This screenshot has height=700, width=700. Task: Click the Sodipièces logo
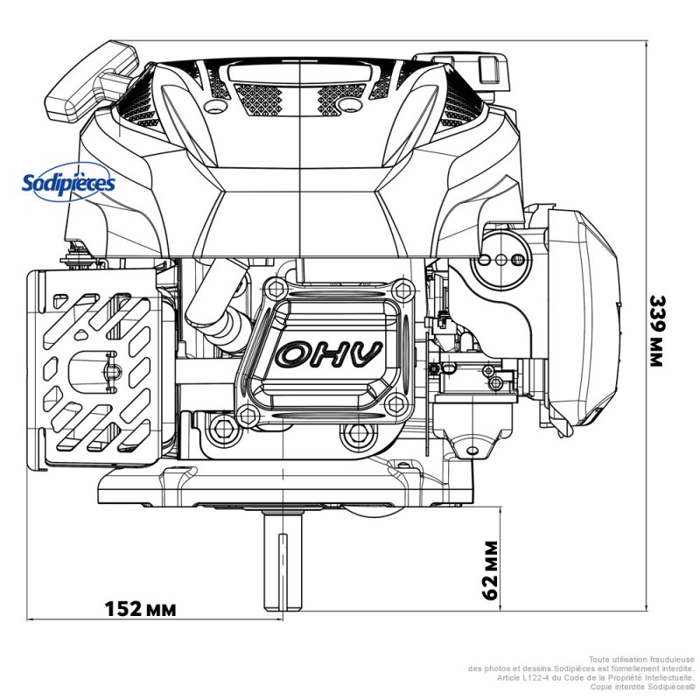click(x=68, y=184)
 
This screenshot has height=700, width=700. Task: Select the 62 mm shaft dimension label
click(x=491, y=569)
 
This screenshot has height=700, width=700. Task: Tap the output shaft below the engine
click(x=283, y=560)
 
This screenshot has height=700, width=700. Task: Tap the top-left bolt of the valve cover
click(x=278, y=289)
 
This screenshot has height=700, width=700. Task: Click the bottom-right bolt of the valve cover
click(x=396, y=403)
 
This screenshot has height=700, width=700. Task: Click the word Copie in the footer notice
click(x=603, y=687)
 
